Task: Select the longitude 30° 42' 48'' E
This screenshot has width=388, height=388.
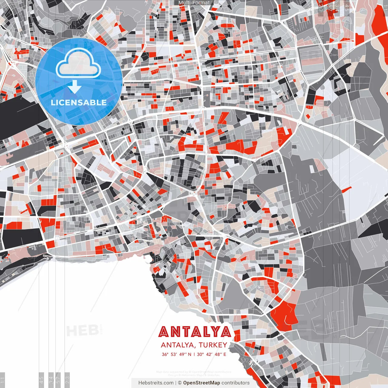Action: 212,354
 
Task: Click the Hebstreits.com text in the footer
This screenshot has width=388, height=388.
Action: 156,383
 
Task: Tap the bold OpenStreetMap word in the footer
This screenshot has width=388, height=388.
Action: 201,383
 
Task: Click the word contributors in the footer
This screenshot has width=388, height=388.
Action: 236,383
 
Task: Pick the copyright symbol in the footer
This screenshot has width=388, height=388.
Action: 179,383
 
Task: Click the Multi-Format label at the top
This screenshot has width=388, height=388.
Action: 194,3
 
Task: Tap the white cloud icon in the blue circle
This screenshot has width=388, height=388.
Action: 79,64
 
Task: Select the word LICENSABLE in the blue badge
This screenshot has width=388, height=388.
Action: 79,102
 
